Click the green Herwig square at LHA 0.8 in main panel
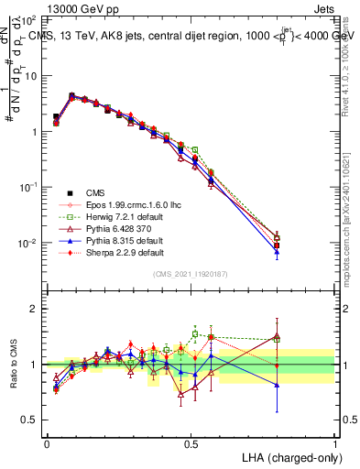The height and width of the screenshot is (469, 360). coord(277,238)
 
